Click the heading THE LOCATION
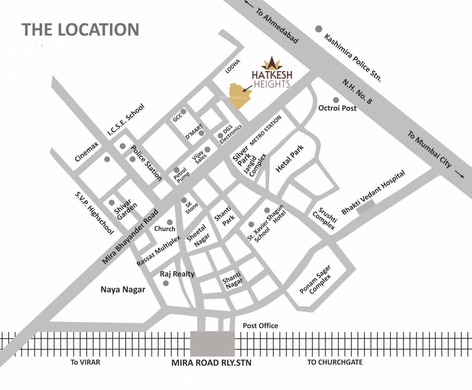(x=81, y=29)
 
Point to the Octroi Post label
(x=337, y=108)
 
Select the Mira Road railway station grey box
(x=212, y=344)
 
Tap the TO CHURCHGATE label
(x=335, y=362)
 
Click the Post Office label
(x=261, y=326)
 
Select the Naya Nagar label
(x=123, y=290)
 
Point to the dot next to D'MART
(x=201, y=133)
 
